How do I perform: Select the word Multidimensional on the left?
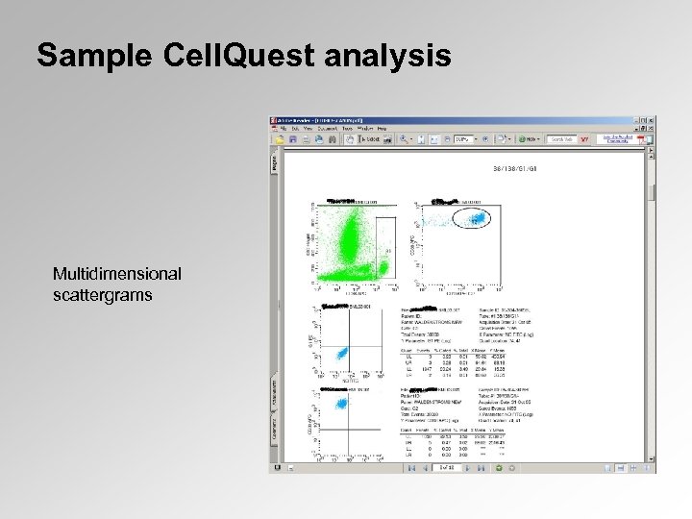coord(116,276)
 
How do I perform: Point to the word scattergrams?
coord(103,295)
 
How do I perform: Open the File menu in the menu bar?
coord(283,129)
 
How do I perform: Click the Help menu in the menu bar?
coord(381,129)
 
